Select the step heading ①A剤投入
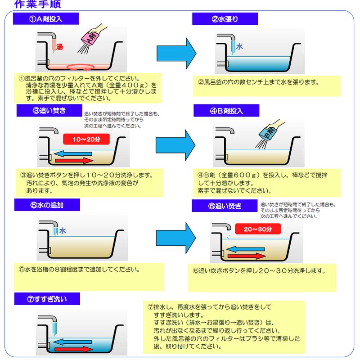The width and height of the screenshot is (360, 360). click(x=46, y=19)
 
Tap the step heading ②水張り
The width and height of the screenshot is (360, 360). click(x=225, y=19)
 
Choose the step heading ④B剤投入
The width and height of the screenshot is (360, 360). click(x=227, y=111)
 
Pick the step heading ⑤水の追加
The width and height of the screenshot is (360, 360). click(x=47, y=205)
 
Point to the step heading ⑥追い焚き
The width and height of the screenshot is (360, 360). click(x=225, y=206)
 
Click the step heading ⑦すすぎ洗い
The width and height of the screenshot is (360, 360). click(x=47, y=299)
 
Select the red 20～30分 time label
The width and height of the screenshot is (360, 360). click(x=258, y=229)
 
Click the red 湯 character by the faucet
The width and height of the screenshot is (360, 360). click(x=59, y=46)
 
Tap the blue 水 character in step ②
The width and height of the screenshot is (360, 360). click(x=239, y=46)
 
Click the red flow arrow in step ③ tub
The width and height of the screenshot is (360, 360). click(x=72, y=161)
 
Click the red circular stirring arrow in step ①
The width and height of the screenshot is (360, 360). click(x=81, y=67)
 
